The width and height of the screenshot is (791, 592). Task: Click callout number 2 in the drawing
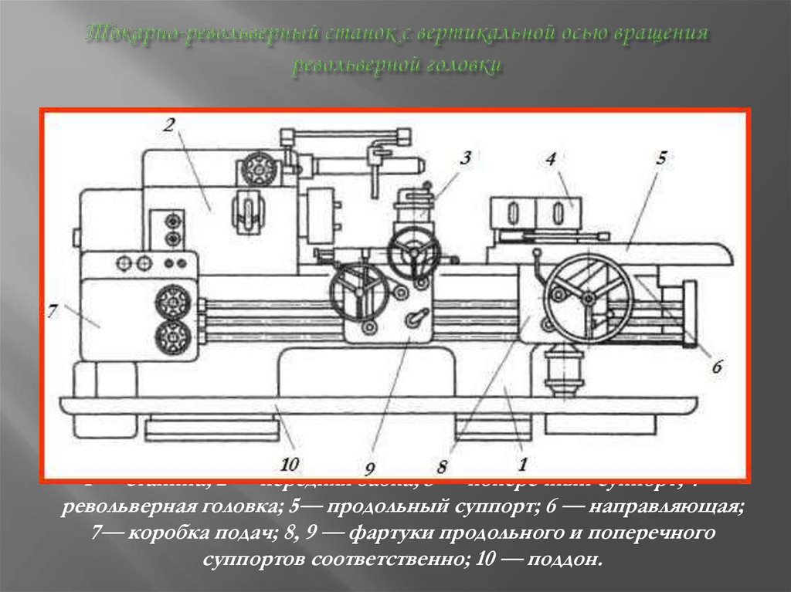[x=168, y=126]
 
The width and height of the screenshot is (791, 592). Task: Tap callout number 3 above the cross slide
[x=464, y=159]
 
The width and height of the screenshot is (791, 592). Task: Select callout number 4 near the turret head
[x=550, y=160]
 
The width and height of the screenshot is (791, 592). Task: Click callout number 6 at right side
[x=716, y=368]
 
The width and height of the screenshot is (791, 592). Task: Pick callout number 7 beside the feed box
[x=53, y=313]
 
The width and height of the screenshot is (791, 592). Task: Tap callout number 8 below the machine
[x=442, y=465]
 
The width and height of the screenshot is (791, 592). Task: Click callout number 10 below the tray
[x=290, y=464]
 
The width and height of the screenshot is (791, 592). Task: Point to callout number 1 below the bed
[x=522, y=464]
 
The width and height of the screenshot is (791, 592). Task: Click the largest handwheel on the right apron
[x=588, y=298]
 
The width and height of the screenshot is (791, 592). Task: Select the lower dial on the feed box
[x=172, y=338]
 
